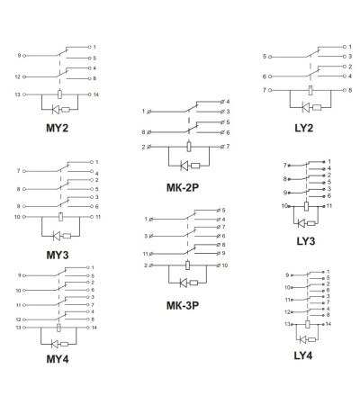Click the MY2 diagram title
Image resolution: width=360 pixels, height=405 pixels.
(x=57, y=128)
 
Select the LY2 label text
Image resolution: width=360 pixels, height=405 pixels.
(x=304, y=128)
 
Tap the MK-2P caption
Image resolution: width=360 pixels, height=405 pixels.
(x=183, y=188)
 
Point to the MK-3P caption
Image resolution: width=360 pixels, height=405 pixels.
(x=183, y=306)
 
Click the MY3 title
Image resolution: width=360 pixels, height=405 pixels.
(x=58, y=255)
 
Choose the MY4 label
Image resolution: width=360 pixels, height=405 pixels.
(x=58, y=359)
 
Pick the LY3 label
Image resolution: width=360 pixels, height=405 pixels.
(x=306, y=241)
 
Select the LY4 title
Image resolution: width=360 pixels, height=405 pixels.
(x=303, y=355)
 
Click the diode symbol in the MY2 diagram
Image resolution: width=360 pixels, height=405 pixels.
(x=56, y=110)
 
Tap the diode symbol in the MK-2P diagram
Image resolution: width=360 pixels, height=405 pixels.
(x=184, y=166)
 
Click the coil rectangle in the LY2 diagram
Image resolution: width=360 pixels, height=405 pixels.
(x=310, y=90)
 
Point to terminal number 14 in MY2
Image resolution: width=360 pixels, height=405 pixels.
(x=95, y=94)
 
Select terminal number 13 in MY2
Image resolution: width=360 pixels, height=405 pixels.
(x=18, y=94)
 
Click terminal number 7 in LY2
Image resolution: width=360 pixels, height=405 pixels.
(x=265, y=90)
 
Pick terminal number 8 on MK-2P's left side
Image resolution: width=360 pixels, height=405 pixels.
(x=144, y=132)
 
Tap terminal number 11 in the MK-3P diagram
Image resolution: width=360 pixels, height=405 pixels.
(x=146, y=254)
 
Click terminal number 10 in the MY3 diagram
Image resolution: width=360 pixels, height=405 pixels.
(x=17, y=217)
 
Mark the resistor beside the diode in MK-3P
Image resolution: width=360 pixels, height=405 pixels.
(x=193, y=283)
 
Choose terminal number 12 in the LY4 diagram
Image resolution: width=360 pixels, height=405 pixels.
(x=287, y=312)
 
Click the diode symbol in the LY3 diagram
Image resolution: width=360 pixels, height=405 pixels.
(x=301, y=223)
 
